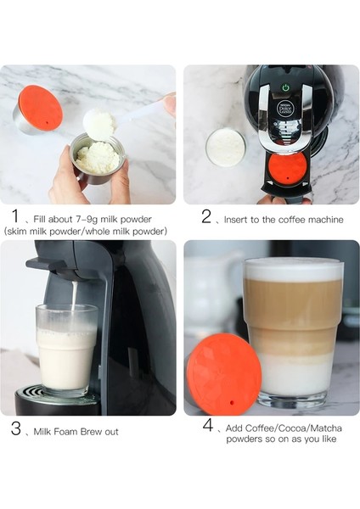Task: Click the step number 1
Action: point(15,216)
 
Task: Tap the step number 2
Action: point(206,216)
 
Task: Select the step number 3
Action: point(15,429)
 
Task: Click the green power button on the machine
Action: point(284,87)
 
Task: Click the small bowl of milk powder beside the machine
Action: point(225,147)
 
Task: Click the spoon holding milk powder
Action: point(100,124)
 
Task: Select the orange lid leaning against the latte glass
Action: point(223,374)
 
